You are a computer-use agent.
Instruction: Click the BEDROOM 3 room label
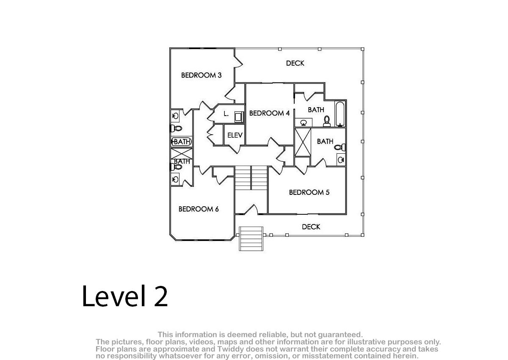202,75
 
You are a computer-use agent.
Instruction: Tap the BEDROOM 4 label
269,113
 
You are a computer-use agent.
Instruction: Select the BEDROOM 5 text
309,192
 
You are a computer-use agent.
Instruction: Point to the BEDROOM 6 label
199,209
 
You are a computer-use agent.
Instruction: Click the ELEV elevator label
235,136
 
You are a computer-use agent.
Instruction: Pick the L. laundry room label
226,114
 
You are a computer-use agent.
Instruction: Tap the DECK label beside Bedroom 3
295,63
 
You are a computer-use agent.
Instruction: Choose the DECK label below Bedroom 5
311,227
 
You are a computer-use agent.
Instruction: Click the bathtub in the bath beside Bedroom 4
340,114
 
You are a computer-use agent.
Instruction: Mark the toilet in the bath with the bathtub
327,121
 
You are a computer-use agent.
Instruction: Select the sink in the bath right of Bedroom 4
304,123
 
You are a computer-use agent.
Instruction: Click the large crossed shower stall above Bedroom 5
303,142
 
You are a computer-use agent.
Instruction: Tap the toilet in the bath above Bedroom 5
340,147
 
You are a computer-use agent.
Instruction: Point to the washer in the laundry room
239,117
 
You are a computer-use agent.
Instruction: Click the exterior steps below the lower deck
251,238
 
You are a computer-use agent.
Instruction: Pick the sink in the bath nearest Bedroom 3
175,116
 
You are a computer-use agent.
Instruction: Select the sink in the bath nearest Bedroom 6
175,180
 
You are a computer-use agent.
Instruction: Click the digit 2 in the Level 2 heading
161,296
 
